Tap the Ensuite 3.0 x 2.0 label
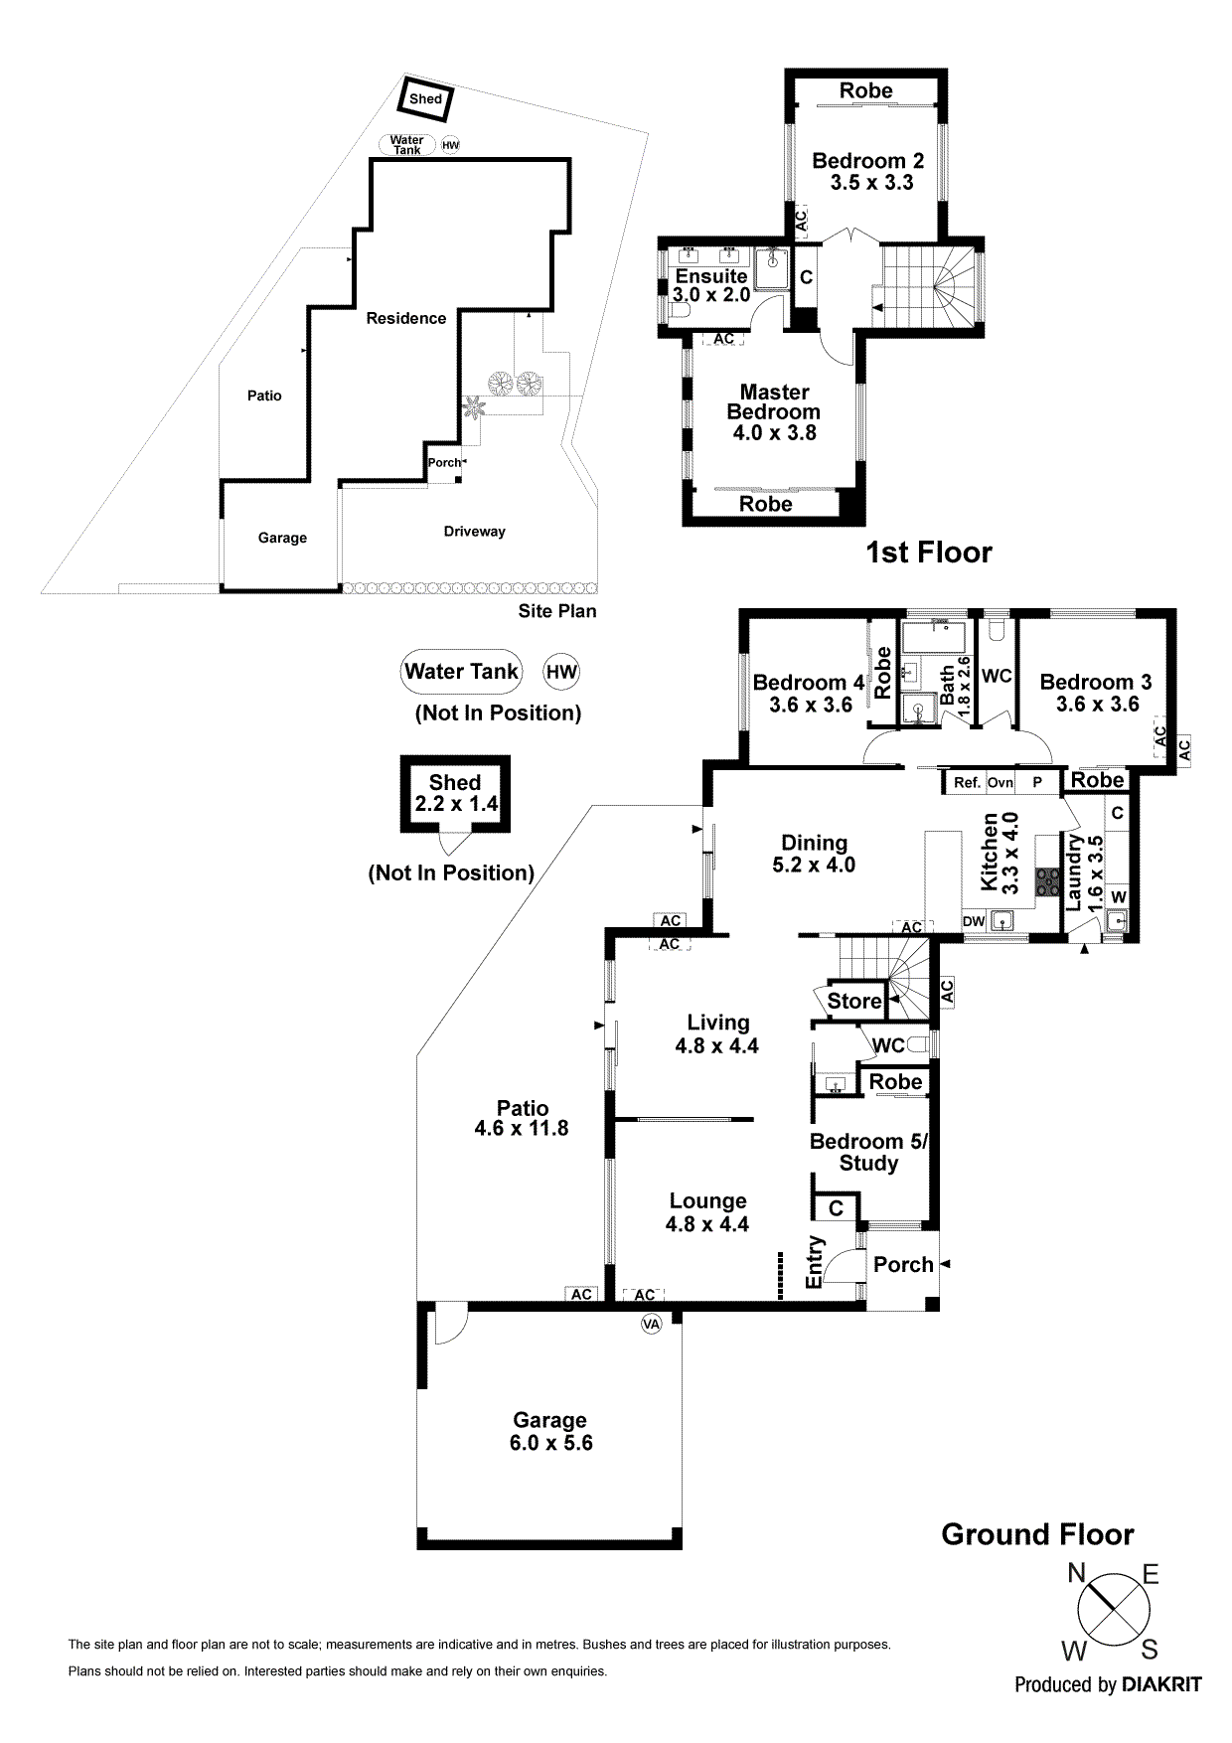click(x=711, y=285)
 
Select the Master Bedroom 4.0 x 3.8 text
click(x=774, y=411)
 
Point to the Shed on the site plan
click(x=425, y=98)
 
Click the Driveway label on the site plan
click(x=474, y=532)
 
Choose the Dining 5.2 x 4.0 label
click(x=814, y=854)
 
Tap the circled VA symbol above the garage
click(x=651, y=1324)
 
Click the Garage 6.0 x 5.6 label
click(x=550, y=1431)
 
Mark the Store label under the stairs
click(x=853, y=1001)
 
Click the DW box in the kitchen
click(x=974, y=921)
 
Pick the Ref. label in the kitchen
click(x=967, y=782)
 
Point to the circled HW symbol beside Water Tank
click(x=561, y=672)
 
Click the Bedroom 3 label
click(x=1096, y=693)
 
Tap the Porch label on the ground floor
click(x=903, y=1264)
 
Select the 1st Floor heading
click(x=929, y=553)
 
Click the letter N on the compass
click(x=1076, y=1573)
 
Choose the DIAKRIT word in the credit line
click(x=1161, y=1684)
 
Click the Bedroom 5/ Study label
click(x=868, y=1152)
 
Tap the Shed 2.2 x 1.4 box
click(x=455, y=793)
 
